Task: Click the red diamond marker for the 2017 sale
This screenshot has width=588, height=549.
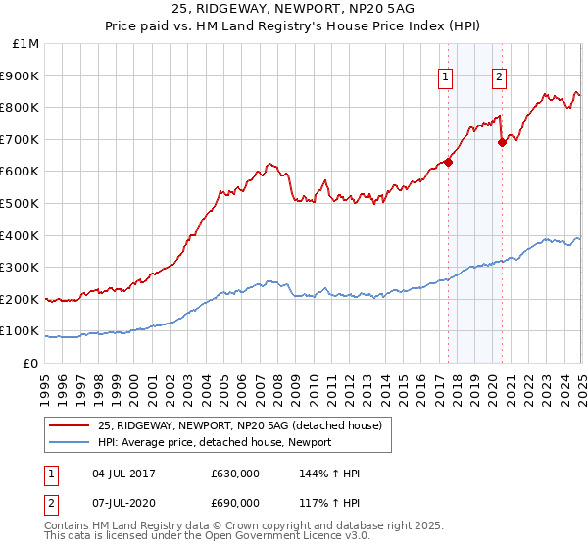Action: (x=448, y=162)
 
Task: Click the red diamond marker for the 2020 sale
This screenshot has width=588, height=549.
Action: (x=502, y=142)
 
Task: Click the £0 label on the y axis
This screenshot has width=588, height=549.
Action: (x=31, y=363)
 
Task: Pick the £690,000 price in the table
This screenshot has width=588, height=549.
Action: (x=235, y=503)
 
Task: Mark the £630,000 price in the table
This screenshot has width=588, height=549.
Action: (x=235, y=474)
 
